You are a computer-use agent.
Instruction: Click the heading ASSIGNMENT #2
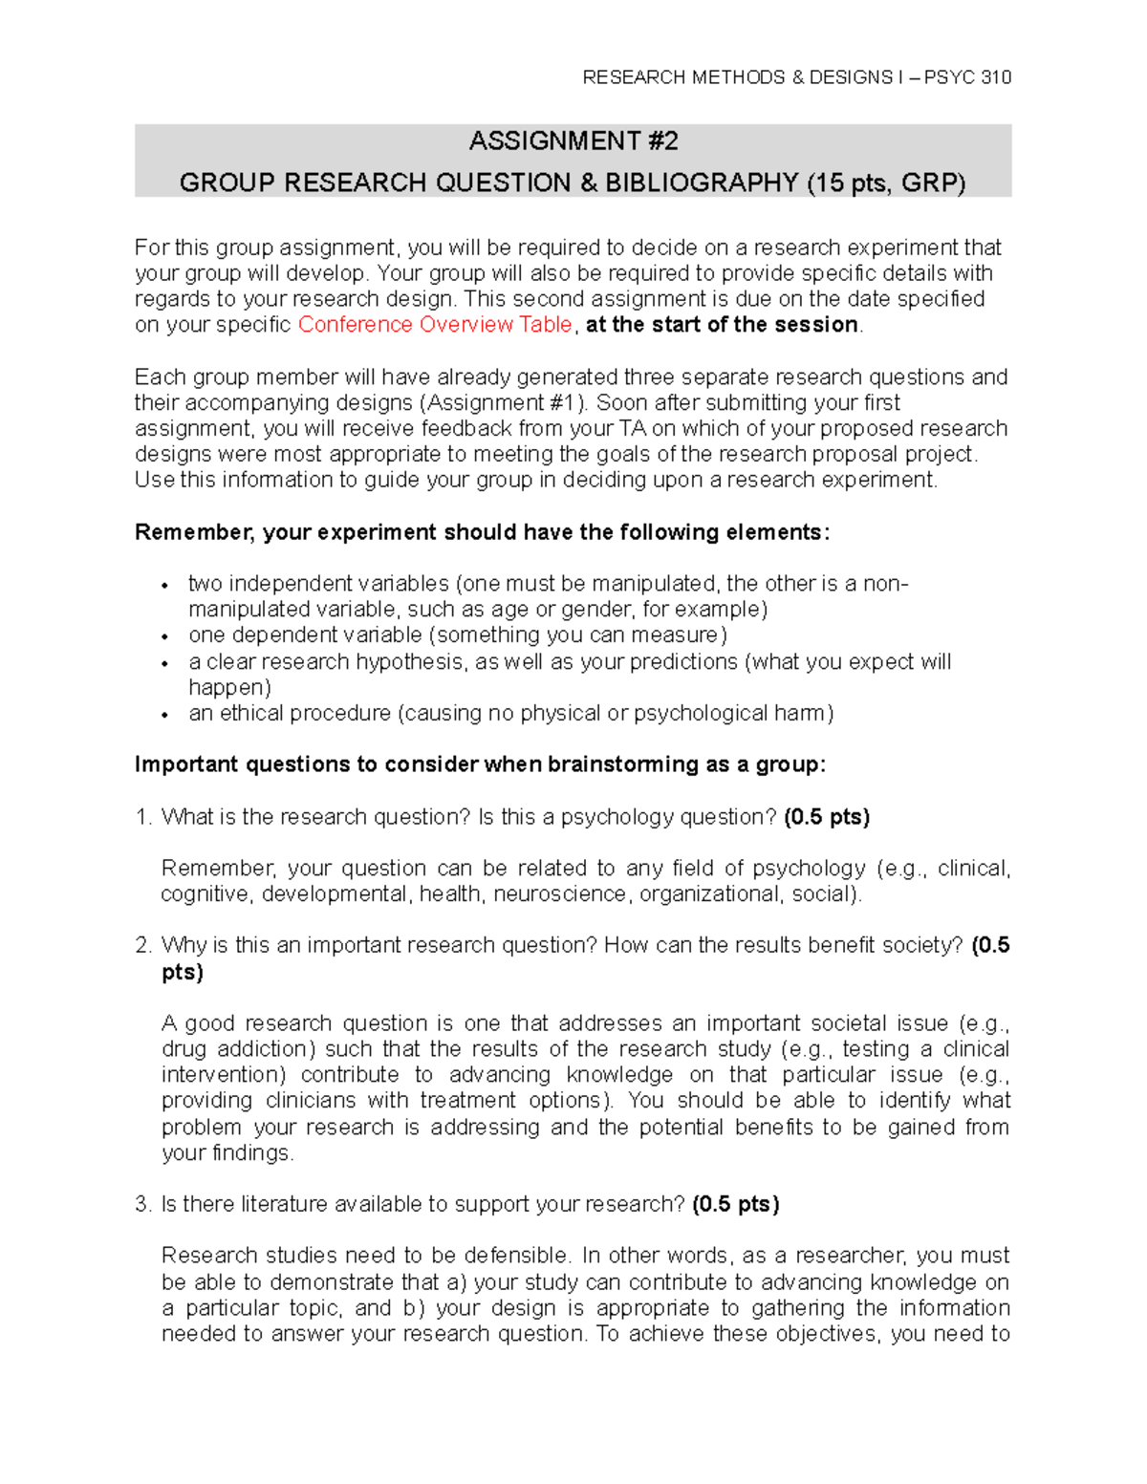coord(573,141)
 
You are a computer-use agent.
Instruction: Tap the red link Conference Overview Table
coord(435,325)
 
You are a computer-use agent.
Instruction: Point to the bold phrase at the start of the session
coord(722,325)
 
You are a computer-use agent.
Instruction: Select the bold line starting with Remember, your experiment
coord(483,532)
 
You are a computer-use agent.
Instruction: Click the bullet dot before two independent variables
coord(165,585)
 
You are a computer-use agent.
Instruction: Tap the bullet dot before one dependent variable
coord(165,636)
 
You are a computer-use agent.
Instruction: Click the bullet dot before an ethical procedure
coord(165,715)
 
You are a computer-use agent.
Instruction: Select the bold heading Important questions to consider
coord(480,764)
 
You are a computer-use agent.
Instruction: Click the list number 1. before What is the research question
coord(143,817)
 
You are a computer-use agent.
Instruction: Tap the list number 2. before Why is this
coord(143,946)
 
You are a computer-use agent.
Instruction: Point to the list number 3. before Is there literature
coord(143,1204)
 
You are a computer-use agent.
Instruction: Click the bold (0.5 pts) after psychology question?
coord(826,817)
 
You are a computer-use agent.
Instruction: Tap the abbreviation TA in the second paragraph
coord(632,429)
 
